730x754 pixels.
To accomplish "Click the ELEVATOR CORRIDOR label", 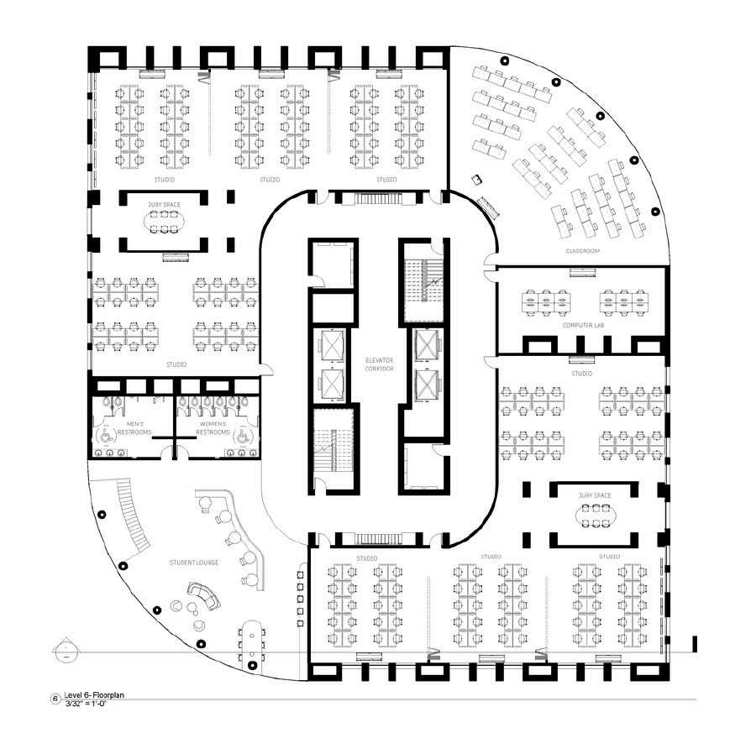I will [379, 364].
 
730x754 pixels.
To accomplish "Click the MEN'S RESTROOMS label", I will [134, 427].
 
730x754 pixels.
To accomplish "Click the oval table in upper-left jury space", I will [164, 219].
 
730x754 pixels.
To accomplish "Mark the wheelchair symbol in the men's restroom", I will [106, 436].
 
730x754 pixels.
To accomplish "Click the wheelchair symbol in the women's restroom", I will [240, 436].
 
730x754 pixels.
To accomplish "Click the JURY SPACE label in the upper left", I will [164, 202].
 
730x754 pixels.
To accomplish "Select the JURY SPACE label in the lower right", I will [595, 496].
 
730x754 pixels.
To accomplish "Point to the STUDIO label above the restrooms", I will [176, 364].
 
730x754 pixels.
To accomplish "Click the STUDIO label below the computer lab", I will [581, 373].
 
